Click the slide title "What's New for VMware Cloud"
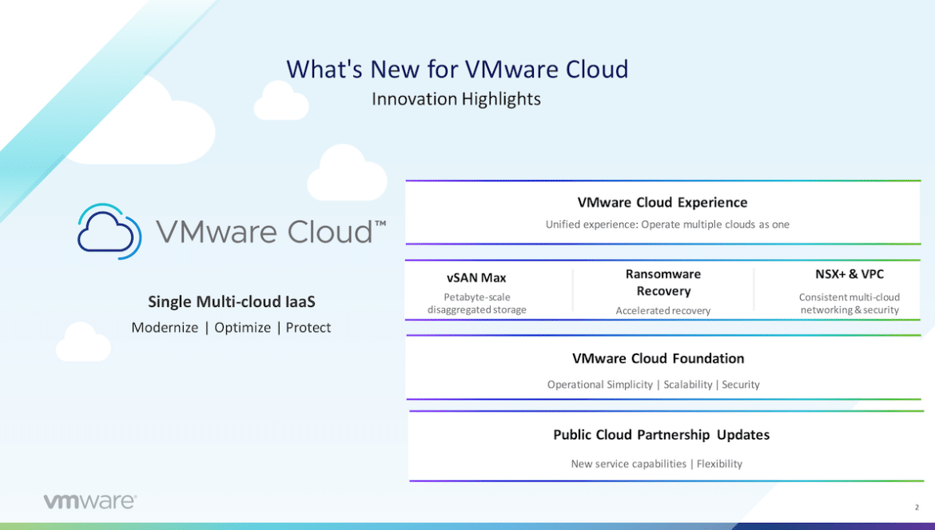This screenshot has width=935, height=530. pos(457,70)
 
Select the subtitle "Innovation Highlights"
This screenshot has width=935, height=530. pos(456,99)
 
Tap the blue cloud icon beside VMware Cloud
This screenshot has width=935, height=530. pos(109,231)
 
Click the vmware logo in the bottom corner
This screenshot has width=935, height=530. pos(90,500)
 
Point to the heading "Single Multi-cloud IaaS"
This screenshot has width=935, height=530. pos(232,301)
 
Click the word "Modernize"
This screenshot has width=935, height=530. pos(165,327)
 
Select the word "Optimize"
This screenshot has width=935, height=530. pos(242,328)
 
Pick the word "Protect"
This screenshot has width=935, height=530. pos(308,327)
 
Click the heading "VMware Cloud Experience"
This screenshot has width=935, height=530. pos(662,203)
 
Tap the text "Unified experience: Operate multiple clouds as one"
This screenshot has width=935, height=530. pos(667,225)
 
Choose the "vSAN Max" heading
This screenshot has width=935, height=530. pos(476,278)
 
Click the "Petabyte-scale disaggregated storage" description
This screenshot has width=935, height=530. pos(477,304)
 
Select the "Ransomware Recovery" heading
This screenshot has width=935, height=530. pos(663,283)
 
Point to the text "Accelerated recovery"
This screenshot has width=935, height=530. pos(663,311)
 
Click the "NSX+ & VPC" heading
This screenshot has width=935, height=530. pos(849,274)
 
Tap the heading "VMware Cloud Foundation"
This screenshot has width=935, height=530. pos(658,358)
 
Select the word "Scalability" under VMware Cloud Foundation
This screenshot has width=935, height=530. pos(687,385)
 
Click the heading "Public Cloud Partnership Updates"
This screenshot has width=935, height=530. pos(662,435)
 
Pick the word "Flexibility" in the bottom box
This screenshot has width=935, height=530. pos(719,464)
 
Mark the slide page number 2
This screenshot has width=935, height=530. pos(917,508)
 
